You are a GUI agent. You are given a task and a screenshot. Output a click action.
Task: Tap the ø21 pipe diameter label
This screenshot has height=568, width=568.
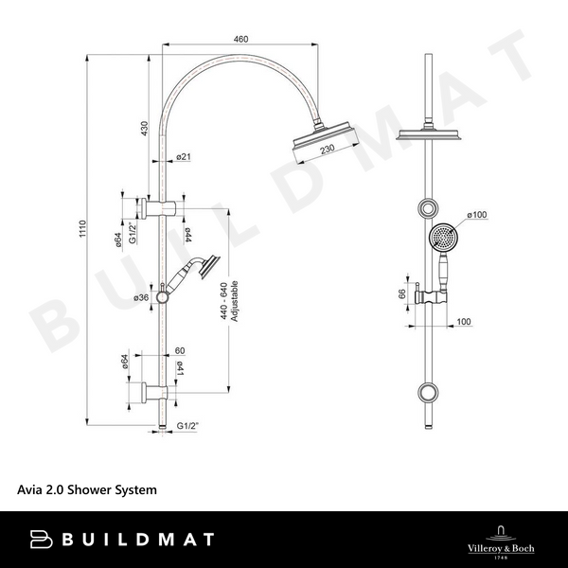pos(184,156)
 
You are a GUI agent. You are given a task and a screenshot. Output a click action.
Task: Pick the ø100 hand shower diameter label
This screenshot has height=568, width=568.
pos(476,216)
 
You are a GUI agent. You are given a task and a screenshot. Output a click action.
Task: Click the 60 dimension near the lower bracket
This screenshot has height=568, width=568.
pos(178,349)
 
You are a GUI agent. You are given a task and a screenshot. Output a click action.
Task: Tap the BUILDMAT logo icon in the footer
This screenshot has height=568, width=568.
pos(43,539)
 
